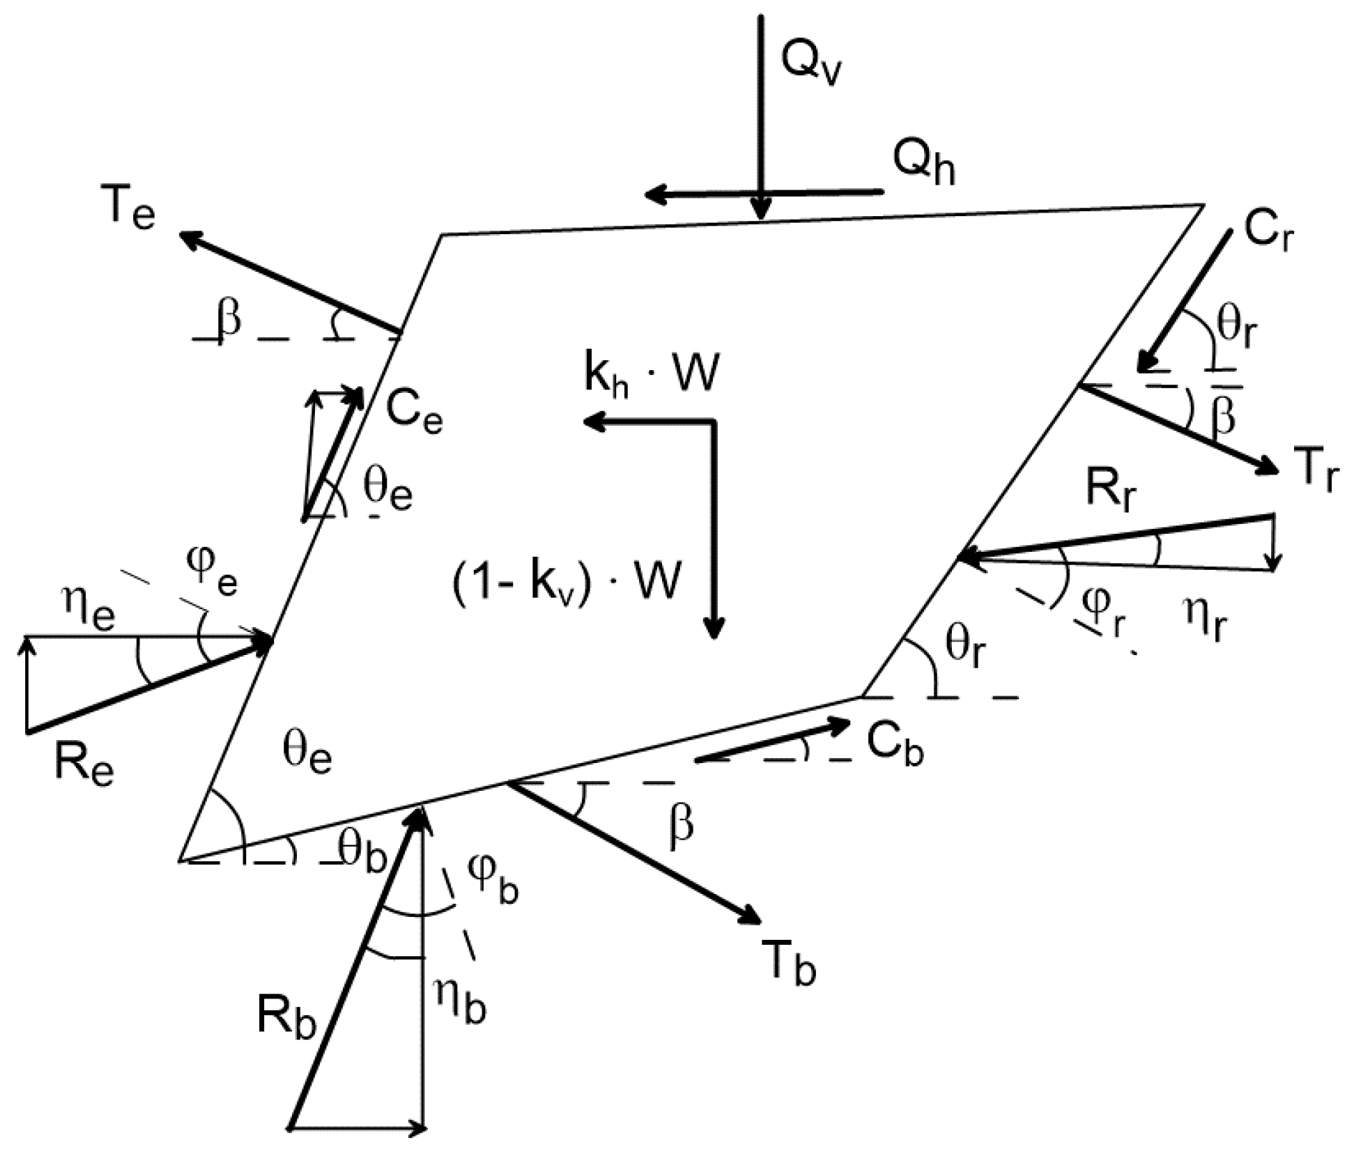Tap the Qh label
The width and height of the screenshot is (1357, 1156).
(x=923, y=162)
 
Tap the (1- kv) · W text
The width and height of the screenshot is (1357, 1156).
(x=565, y=581)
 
